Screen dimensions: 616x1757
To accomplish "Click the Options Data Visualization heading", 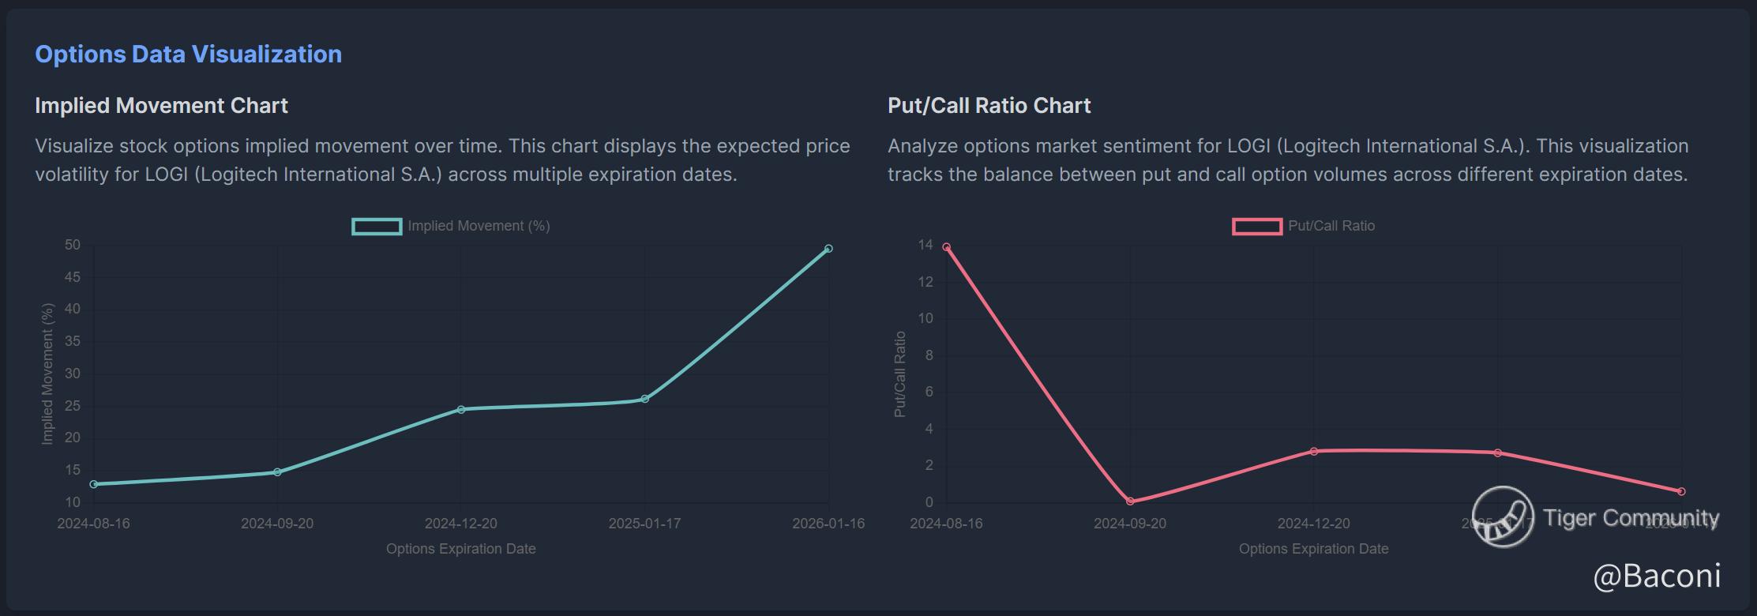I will coord(188,54).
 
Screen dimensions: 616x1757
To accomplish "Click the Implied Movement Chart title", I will coord(161,105).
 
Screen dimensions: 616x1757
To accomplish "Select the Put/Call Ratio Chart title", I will coord(989,105).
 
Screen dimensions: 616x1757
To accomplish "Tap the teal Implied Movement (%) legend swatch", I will coord(377,227).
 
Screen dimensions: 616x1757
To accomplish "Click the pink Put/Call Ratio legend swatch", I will coord(1256,227).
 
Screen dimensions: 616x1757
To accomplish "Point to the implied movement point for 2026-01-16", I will coord(828,249).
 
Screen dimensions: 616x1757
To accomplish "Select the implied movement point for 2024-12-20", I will coord(461,409).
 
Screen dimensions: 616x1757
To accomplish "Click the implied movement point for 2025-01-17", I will coord(645,399).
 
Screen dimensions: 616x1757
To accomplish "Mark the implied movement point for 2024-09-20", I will coord(277,472).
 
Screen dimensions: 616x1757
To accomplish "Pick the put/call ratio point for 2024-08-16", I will coord(946,247).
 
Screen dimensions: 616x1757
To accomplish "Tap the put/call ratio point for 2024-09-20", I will coord(1130,501).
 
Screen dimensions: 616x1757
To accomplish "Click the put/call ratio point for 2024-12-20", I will coord(1314,452).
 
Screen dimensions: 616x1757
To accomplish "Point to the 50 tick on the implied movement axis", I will coord(73,245).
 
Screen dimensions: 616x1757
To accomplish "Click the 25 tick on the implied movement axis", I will coord(73,406).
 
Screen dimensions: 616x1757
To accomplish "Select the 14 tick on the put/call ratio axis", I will coord(925,245).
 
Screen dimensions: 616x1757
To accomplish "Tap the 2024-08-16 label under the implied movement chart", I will coord(93,524).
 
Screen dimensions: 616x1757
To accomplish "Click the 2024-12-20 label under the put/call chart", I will coord(1314,524).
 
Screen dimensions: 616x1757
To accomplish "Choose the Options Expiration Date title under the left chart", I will coord(461,549).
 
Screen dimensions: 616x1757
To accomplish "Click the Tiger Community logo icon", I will coord(1503,516).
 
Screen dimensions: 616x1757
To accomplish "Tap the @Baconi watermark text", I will coord(1657,576).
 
